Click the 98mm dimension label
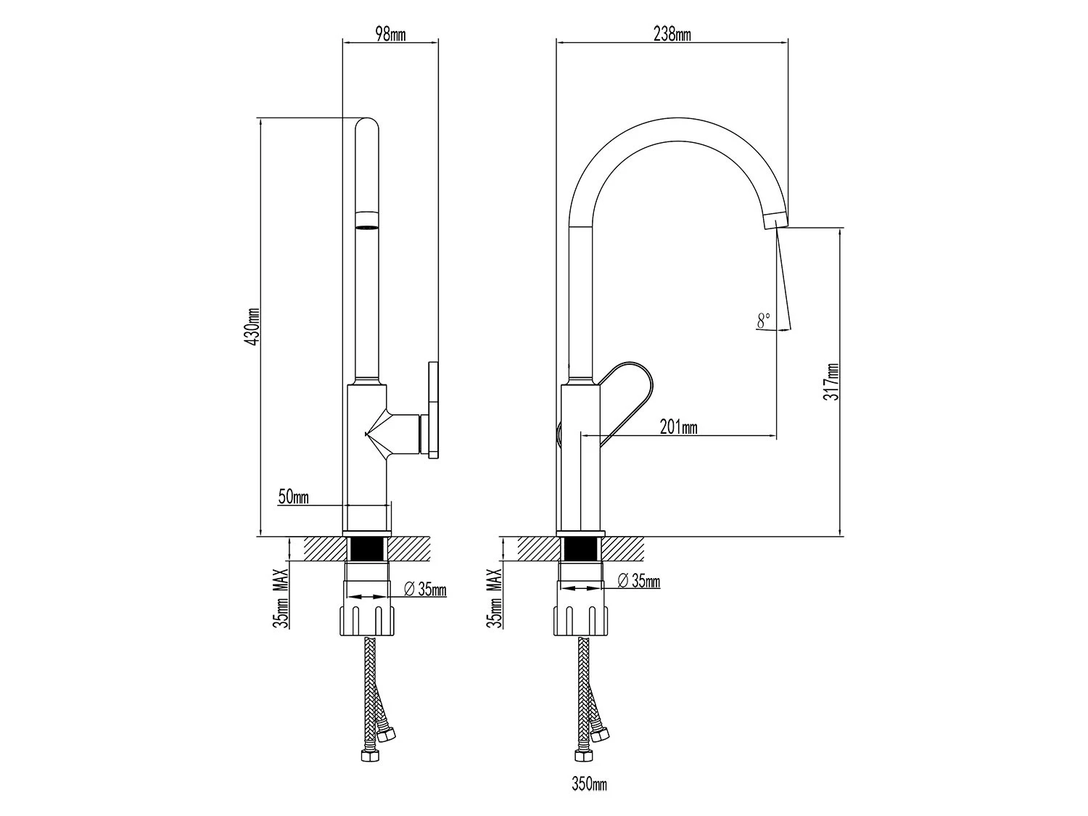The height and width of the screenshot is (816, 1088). [x=390, y=34]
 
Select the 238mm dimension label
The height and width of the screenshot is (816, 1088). [x=672, y=34]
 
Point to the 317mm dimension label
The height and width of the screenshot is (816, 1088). [x=831, y=382]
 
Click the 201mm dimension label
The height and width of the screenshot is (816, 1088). [x=679, y=426]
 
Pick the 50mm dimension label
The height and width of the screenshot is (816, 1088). [x=293, y=496]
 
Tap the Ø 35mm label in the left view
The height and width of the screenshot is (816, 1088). [x=425, y=589]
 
